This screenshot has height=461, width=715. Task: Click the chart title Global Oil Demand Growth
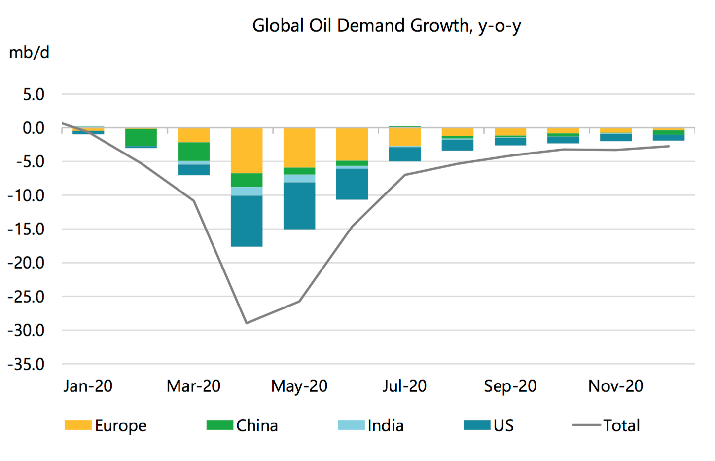point(387,26)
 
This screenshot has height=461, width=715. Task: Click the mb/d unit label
point(29,52)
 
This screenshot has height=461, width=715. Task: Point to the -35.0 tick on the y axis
point(26,365)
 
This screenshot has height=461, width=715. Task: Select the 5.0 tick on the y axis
point(34,94)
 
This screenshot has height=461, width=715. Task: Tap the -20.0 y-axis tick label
point(26,263)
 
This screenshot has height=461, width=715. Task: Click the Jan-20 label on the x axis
point(88,386)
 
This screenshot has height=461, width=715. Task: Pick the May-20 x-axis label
point(299,386)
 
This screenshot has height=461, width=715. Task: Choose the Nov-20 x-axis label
point(615,386)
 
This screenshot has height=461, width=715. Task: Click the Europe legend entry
point(106,425)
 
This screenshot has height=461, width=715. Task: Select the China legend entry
point(242,425)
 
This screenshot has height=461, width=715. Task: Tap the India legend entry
point(371,425)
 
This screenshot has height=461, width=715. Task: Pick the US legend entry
point(489,425)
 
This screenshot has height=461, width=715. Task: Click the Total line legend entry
point(607,425)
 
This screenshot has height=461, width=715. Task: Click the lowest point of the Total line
point(247,323)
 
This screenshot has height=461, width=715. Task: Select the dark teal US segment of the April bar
point(247,221)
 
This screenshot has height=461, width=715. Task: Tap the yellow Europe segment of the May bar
point(299,148)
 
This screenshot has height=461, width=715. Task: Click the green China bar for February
point(141,137)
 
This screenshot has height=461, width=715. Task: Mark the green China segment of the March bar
point(194,152)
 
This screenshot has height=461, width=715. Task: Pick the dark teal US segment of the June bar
point(352,184)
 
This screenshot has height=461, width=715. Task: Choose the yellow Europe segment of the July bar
point(405,137)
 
